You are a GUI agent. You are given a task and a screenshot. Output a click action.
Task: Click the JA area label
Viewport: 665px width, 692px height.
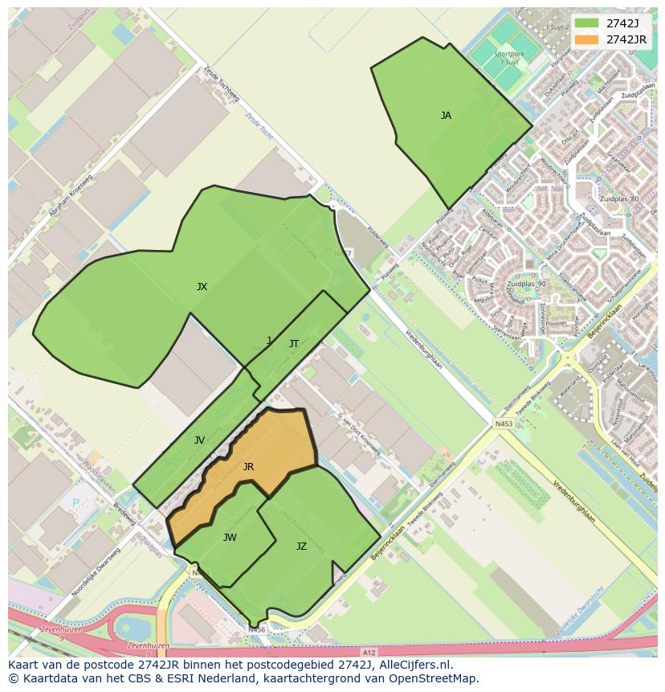click(446, 116)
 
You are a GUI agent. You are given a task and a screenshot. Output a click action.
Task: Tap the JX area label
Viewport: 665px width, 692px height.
click(202, 287)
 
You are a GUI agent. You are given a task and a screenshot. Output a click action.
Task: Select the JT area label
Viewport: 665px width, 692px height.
click(294, 344)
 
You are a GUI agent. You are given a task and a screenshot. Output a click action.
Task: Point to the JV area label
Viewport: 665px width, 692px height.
click(199, 440)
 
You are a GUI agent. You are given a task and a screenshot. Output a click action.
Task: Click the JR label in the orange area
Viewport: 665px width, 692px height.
click(248, 467)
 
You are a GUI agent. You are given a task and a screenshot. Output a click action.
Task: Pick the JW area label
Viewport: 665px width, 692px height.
click(230, 538)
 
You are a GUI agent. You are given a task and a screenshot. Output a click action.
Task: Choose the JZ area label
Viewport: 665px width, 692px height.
click(301, 547)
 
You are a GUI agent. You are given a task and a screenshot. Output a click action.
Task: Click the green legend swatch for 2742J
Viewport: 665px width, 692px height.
click(587, 23)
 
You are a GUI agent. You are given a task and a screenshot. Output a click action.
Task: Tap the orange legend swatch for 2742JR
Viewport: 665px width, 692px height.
click(587, 39)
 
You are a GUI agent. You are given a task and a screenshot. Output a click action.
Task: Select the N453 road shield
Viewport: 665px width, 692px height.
click(504, 424)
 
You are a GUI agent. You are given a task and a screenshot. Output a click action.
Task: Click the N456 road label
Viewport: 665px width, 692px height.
click(256, 630)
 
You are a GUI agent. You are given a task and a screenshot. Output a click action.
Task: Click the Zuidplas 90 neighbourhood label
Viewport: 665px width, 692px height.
click(526, 285)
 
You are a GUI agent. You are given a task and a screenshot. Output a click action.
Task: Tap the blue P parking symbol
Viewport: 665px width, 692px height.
click(76, 503)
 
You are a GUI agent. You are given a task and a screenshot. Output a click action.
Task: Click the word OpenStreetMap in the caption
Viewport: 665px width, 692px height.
click(434, 678)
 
